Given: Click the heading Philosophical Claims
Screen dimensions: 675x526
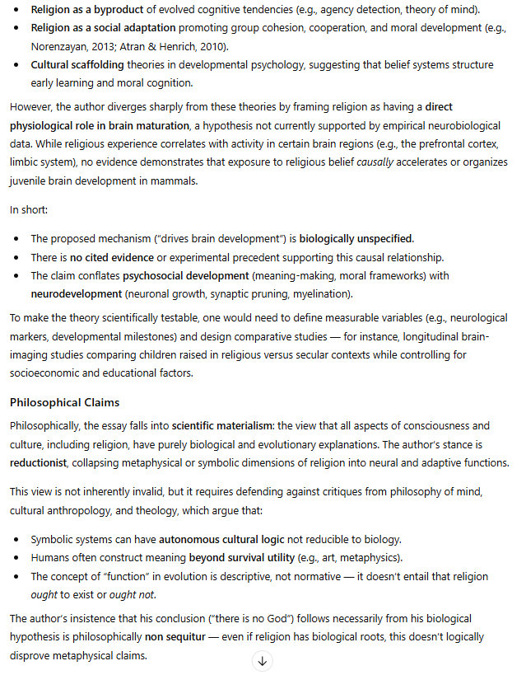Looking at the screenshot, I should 65,403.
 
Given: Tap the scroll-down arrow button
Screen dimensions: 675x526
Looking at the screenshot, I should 262,660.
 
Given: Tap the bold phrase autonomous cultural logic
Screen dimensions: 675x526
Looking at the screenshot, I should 221,540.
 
